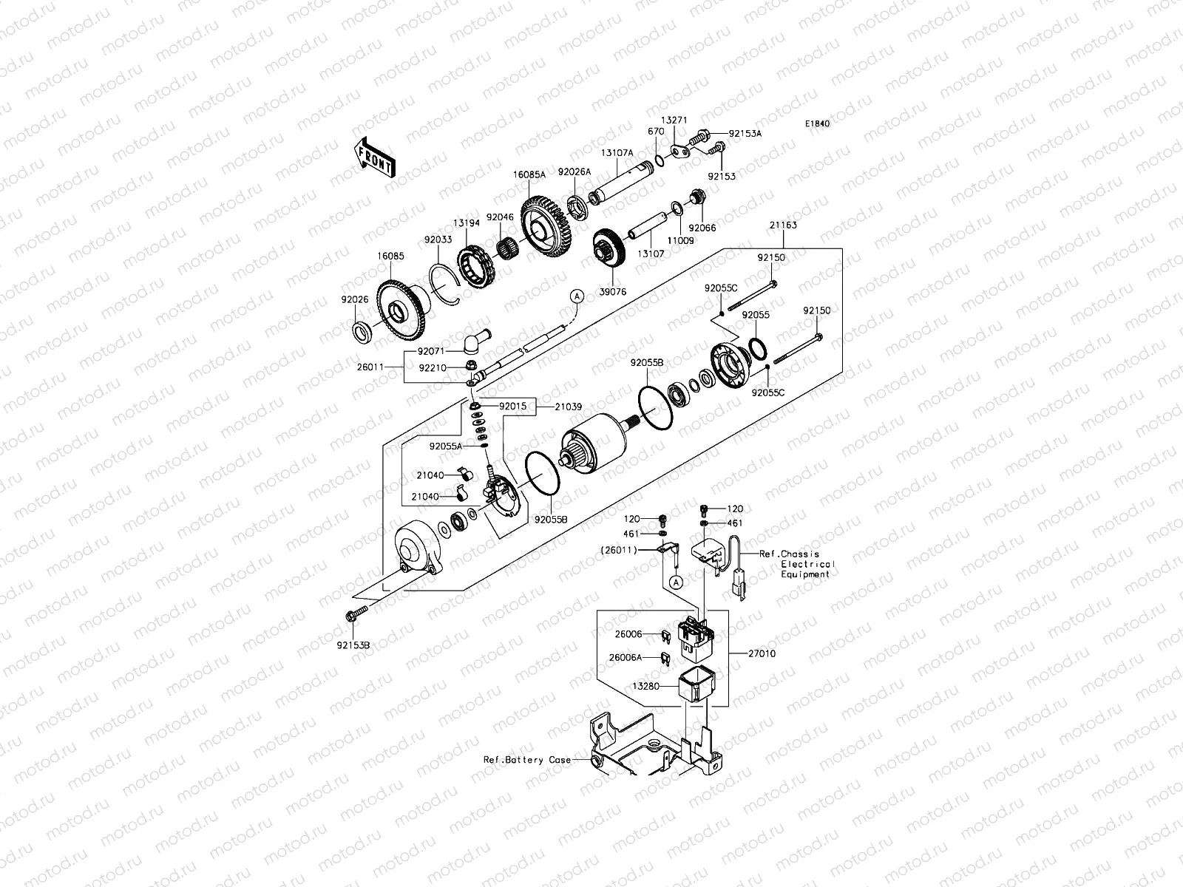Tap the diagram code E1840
click(818, 124)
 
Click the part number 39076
click(613, 292)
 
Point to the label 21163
click(783, 225)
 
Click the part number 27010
click(762, 653)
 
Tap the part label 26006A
click(626, 657)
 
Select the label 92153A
click(745, 134)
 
